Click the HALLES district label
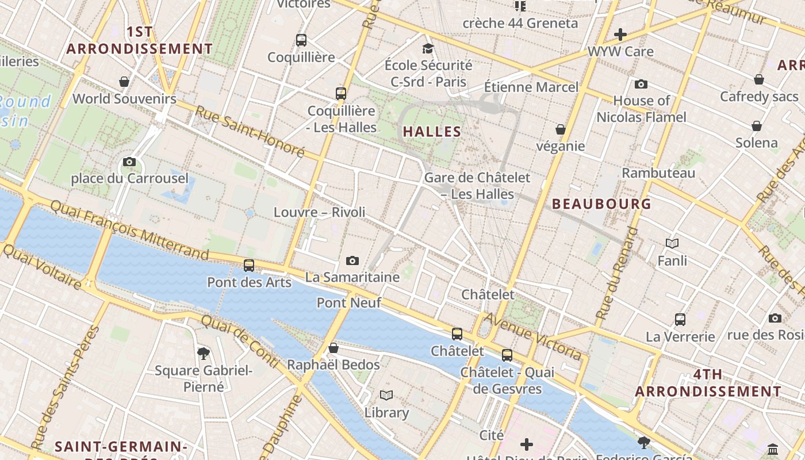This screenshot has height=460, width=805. [x=432, y=132]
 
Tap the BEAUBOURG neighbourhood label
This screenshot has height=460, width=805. [x=601, y=204]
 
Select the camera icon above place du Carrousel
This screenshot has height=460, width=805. [x=129, y=162]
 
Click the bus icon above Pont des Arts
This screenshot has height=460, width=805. [x=249, y=266]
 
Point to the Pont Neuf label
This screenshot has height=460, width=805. [x=349, y=302]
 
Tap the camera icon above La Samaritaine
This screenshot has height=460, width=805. [x=352, y=261]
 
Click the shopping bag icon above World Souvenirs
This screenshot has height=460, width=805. [x=124, y=82]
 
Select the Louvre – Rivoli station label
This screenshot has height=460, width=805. [x=319, y=212]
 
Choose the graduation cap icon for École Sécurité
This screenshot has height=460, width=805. [x=428, y=48]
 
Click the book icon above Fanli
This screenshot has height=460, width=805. [x=672, y=244]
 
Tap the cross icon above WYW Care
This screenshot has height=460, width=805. [x=620, y=34]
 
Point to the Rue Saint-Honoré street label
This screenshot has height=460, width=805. [x=250, y=132]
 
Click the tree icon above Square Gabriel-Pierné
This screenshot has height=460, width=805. [x=203, y=353]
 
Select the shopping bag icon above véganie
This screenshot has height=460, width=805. [x=561, y=129]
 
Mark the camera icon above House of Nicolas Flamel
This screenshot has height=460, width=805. [x=641, y=85]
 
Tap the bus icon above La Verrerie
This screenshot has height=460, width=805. [x=680, y=320]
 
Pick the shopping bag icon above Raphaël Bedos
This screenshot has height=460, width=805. [x=333, y=348]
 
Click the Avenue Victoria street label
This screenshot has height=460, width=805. [x=532, y=336]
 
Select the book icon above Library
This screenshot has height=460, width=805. [x=386, y=396]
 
